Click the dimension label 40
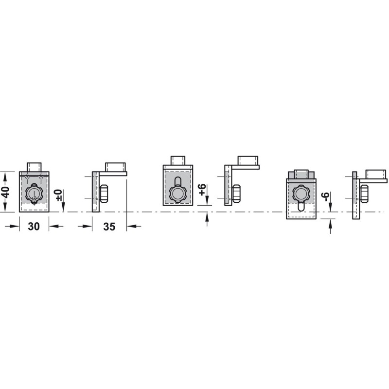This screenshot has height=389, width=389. coord(6,192)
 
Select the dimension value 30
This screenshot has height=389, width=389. coord(34,226)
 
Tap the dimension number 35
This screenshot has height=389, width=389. coord(109,226)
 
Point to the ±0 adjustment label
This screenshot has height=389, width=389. coord(58,195)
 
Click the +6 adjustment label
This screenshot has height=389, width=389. coord(202,190)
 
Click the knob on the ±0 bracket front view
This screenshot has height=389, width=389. coord(34,193)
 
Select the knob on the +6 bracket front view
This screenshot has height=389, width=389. coord(177,193)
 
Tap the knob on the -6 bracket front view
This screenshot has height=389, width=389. coord(301,192)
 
